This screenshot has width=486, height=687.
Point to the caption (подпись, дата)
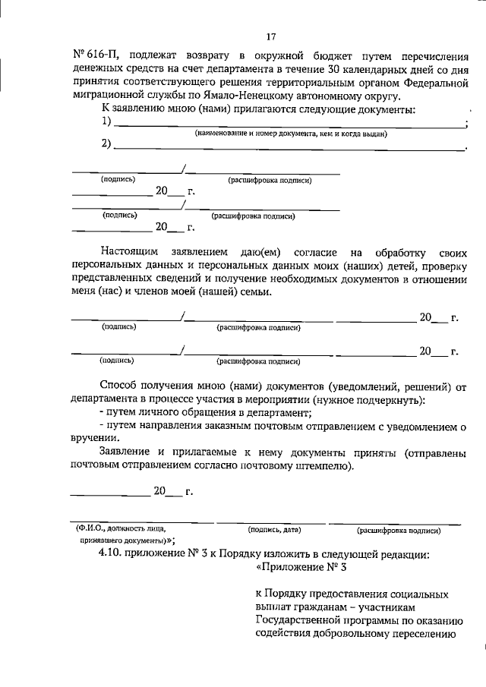coord(276,528)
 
